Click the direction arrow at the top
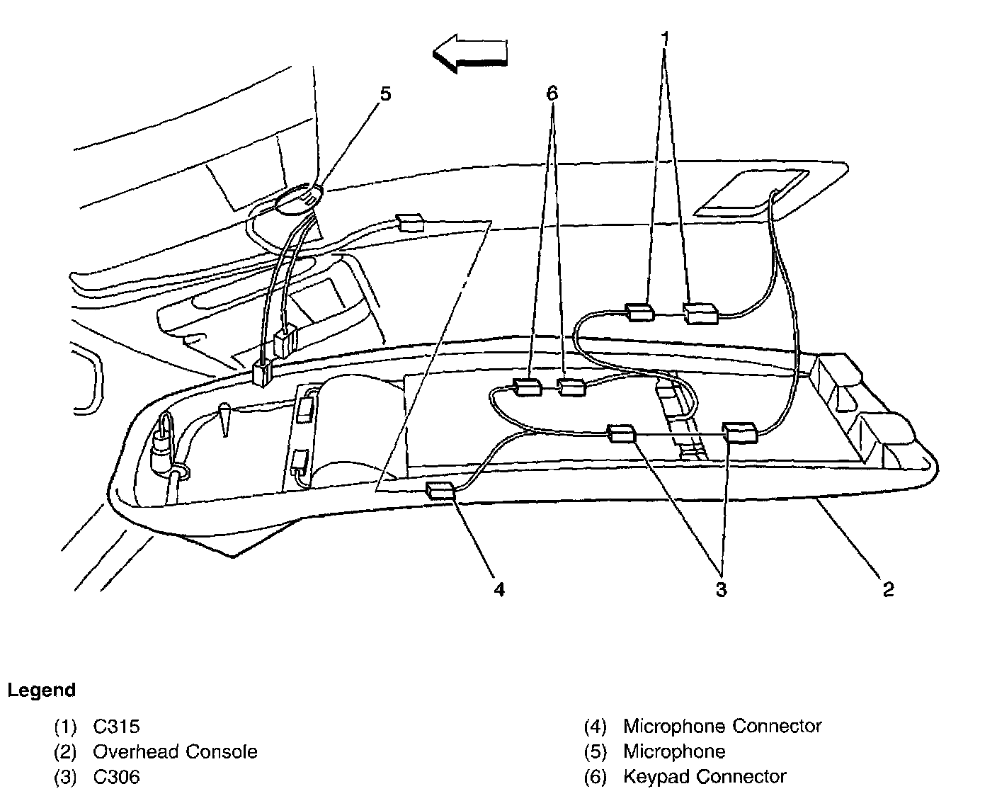(x=470, y=54)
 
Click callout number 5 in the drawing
(x=385, y=94)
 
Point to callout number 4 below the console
(x=499, y=589)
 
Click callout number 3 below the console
(x=721, y=589)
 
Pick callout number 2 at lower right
(x=888, y=589)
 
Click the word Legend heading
(x=41, y=690)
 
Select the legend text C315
(x=116, y=726)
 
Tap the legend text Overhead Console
(x=175, y=751)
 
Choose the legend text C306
(x=116, y=777)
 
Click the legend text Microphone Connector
(x=722, y=726)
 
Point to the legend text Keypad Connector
(x=704, y=777)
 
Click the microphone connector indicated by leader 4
(x=440, y=490)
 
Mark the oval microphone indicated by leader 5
(x=297, y=199)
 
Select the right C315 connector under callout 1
(x=700, y=312)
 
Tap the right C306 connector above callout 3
(x=739, y=431)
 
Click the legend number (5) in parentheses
(x=596, y=751)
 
